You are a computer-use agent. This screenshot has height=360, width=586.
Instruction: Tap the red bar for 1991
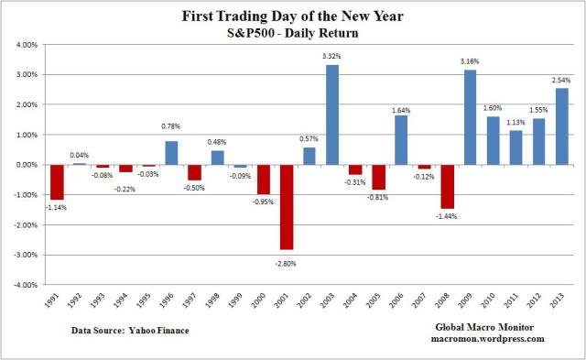(57, 182)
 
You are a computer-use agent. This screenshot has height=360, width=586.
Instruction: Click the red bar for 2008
(447, 187)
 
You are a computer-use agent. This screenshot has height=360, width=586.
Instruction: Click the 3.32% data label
(332, 57)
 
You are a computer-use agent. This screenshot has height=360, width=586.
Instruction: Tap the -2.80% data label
(286, 262)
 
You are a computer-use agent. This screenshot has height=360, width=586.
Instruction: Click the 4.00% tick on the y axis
(25, 45)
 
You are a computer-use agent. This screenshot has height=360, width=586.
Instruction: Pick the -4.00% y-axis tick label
(24, 285)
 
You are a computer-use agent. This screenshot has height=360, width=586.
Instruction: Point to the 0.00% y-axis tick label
(25, 165)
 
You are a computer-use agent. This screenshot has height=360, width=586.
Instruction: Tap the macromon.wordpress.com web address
(489, 339)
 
